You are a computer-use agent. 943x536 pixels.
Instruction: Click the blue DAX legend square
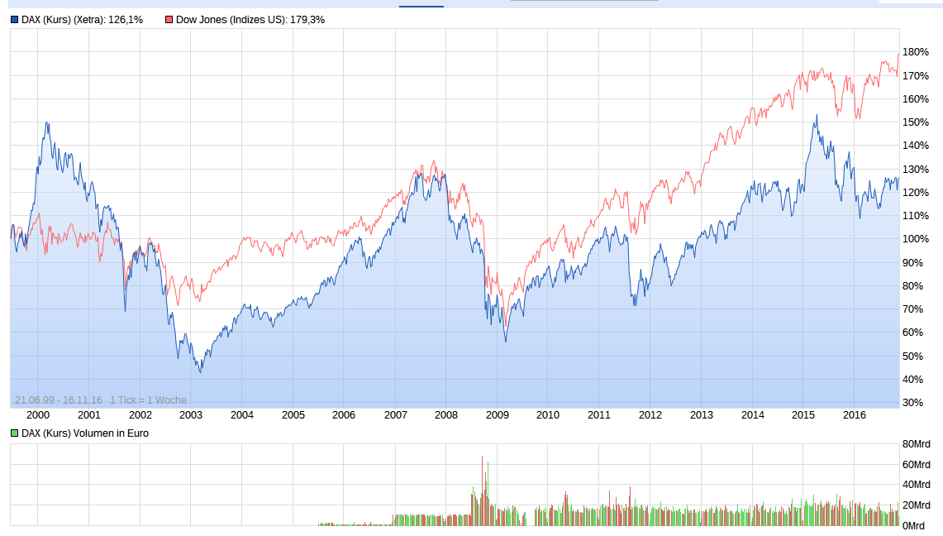pyautogui.click(x=15, y=20)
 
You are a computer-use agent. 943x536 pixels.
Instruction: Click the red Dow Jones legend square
pyautogui.click(x=169, y=20)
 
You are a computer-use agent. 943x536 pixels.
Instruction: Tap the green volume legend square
pyautogui.click(x=15, y=433)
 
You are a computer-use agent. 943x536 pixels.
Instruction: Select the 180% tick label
pyautogui.click(x=916, y=52)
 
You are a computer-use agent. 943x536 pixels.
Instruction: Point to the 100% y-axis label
pyautogui.click(x=916, y=239)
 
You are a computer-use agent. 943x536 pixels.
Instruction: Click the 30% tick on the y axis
pyautogui.click(x=913, y=403)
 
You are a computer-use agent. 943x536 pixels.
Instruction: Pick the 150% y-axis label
pyautogui.click(x=916, y=122)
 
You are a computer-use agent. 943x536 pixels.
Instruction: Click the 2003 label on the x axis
pyautogui.click(x=191, y=415)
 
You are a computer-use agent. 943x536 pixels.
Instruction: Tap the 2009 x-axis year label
pyautogui.click(x=497, y=415)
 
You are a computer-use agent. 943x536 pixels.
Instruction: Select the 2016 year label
pyautogui.click(x=854, y=415)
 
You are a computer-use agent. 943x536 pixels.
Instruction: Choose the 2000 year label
pyautogui.click(x=38, y=415)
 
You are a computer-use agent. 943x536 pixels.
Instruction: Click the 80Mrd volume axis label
pyautogui.click(x=917, y=444)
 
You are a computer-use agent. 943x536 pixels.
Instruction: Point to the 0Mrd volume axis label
pyautogui.click(x=914, y=526)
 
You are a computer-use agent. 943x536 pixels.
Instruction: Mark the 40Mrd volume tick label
pyautogui.click(x=917, y=485)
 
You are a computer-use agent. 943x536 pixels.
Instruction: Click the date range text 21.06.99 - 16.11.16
pyautogui.click(x=58, y=400)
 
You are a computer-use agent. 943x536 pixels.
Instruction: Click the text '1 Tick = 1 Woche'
pyautogui.click(x=149, y=400)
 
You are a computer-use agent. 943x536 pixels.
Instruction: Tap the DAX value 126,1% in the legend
pyautogui.click(x=126, y=20)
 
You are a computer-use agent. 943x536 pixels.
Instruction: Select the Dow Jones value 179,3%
pyautogui.click(x=306, y=20)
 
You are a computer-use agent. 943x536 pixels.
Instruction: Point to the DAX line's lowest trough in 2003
pyautogui.click(x=201, y=372)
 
